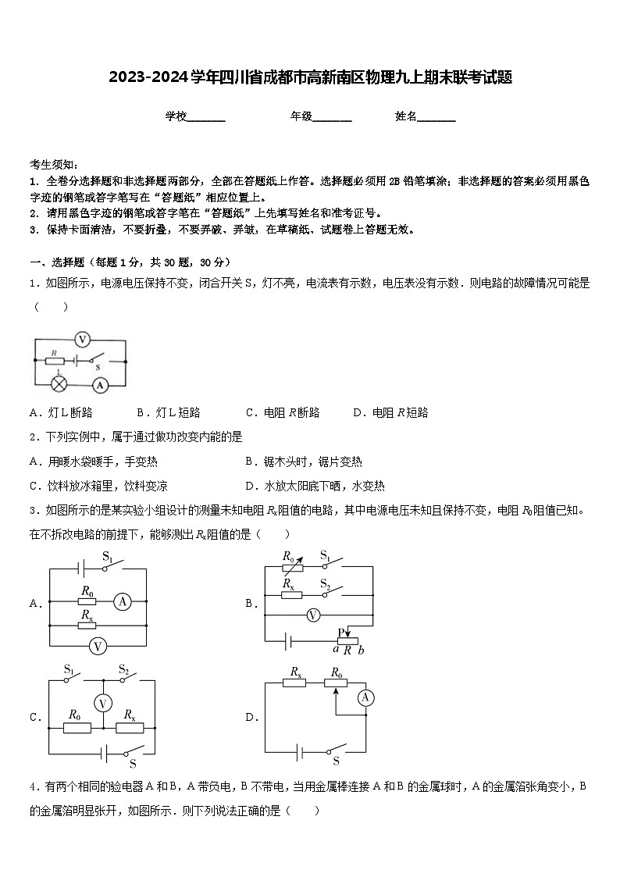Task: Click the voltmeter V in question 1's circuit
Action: click(x=80, y=339)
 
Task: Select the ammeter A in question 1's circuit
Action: click(x=99, y=384)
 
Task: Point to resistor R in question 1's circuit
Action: click(x=55, y=362)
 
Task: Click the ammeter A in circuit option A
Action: click(x=121, y=601)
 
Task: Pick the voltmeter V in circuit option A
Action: click(x=98, y=646)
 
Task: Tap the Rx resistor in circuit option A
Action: click(x=87, y=624)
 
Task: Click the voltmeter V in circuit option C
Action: click(x=102, y=703)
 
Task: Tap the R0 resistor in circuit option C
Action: click(x=77, y=727)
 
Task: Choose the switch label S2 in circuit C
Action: click(x=124, y=669)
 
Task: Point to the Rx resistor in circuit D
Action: click(x=294, y=682)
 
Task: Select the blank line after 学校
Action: click(x=206, y=117)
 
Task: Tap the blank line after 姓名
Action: click(x=436, y=117)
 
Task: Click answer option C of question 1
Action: click(x=282, y=412)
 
